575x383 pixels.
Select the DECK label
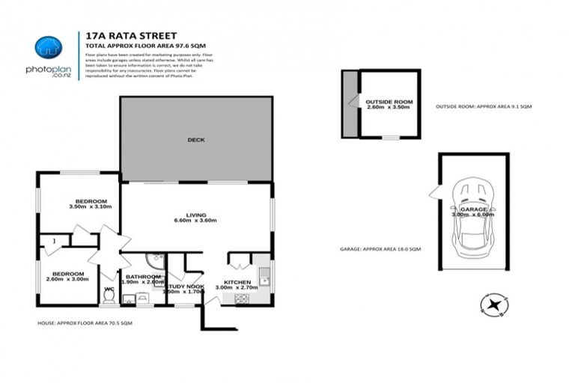click(196, 139)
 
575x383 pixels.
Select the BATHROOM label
click(143, 277)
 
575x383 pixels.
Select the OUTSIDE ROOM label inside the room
click(389, 100)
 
